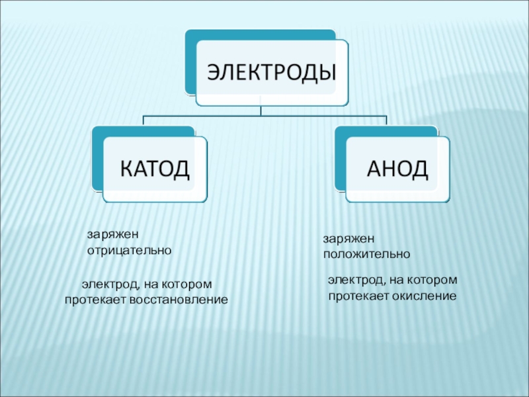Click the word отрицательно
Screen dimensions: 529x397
pyautogui.click(x=130, y=251)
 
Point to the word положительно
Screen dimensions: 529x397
pyautogui.click(x=367, y=254)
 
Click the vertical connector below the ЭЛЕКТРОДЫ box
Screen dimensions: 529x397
pyautogui.click(x=261, y=109)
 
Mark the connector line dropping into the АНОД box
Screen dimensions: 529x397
pyautogui.click(x=386, y=121)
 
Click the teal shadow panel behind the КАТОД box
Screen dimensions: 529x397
pyautogui.click(x=97, y=159)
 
